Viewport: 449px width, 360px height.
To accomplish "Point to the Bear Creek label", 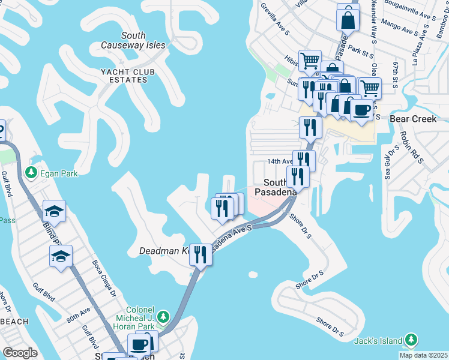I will click(413, 119).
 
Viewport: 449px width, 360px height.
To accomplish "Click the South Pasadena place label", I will click(276, 187).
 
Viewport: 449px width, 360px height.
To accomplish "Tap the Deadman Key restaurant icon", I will click(200, 254).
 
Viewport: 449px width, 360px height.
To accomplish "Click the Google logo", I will click(20, 352).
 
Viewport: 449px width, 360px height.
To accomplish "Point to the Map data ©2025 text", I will click(423, 355).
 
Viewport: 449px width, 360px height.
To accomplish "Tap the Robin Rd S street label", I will click(411, 148).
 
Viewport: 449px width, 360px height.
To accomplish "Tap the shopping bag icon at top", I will click(348, 19).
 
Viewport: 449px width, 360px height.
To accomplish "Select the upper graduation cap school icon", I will click(54, 211).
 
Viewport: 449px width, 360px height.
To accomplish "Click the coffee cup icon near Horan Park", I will click(140, 344).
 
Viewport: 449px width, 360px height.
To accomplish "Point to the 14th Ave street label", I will click(279, 161).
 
